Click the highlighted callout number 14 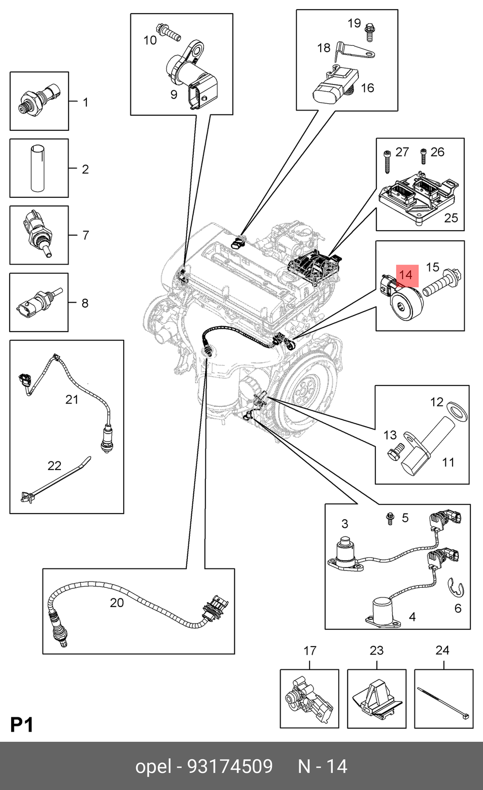tap(406, 275)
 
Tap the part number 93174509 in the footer tap(230, 766)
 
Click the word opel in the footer tap(153, 766)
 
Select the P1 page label tap(22, 725)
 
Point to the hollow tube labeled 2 tap(38, 168)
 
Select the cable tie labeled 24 tap(443, 701)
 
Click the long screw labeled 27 tap(387, 161)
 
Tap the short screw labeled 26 tap(424, 156)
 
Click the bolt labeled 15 tap(442, 285)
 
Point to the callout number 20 tap(117, 602)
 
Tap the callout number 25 tap(451, 218)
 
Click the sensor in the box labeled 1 tap(39, 98)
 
